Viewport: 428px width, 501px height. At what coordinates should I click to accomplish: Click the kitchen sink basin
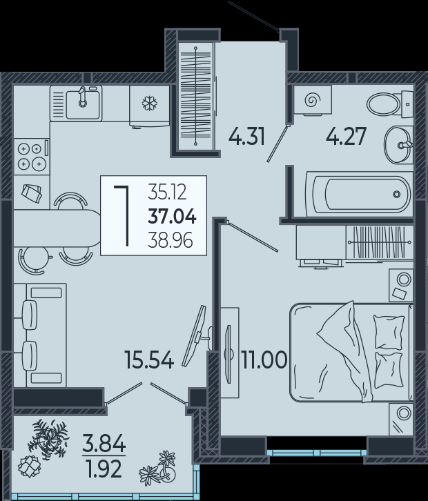pyautogui.click(x=82, y=104)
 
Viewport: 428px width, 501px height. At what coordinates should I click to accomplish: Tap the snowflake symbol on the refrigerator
pyautogui.click(x=150, y=104)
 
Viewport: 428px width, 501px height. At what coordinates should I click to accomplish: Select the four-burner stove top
pyautogui.click(x=32, y=156)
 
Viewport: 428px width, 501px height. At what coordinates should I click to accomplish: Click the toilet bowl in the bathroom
pyautogui.click(x=383, y=104)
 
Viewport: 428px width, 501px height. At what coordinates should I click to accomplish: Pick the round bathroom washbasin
pyautogui.click(x=398, y=146)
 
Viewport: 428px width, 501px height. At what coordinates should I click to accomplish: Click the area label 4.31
pyautogui.click(x=246, y=137)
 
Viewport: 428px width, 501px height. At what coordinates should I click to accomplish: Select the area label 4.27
pyautogui.click(x=346, y=137)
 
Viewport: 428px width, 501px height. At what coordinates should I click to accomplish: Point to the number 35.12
pyautogui.click(x=167, y=193)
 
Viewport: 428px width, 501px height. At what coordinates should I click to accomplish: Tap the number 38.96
pyautogui.click(x=171, y=240)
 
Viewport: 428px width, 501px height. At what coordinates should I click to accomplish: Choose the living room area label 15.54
pyautogui.click(x=150, y=360)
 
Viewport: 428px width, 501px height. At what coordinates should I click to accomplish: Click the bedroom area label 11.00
pyautogui.click(x=264, y=360)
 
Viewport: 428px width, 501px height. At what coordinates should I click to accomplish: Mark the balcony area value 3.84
pyautogui.click(x=104, y=444)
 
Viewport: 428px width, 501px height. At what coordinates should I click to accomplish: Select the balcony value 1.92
pyautogui.click(x=104, y=469)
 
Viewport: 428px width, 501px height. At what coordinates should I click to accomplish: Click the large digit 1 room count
pyautogui.click(x=123, y=217)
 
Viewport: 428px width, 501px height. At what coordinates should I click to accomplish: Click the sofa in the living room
pyautogui.click(x=40, y=335)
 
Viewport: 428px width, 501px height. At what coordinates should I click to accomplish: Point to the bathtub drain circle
pyautogui.click(x=397, y=194)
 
